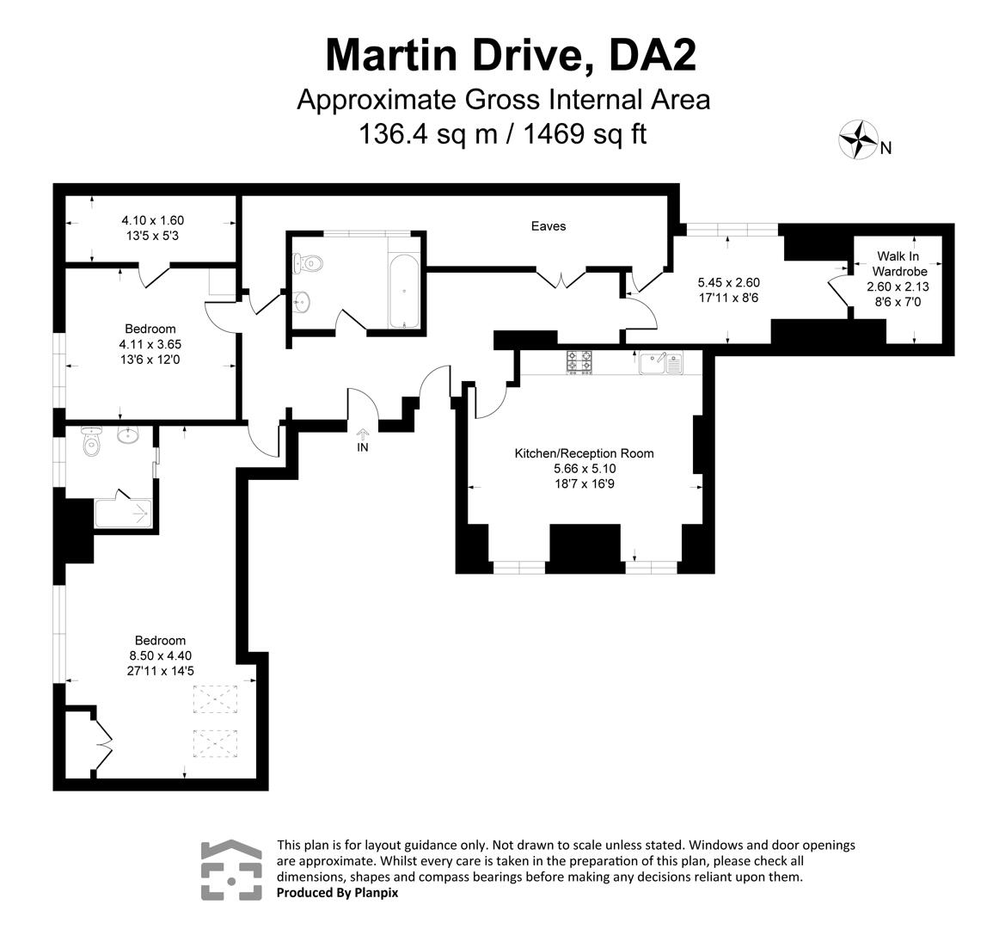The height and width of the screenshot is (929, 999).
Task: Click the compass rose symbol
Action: [x=857, y=139]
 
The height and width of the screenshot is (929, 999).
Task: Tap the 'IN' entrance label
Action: [x=363, y=447]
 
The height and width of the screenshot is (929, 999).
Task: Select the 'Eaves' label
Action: [x=548, y=226]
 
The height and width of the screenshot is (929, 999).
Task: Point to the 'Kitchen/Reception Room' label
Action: [x=584, y=453]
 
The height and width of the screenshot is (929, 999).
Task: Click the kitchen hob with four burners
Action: [x=579, y=361]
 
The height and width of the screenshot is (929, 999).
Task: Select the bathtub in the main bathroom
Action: [x=404, y=291]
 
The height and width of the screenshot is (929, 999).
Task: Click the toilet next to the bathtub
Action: [x=308, y=262]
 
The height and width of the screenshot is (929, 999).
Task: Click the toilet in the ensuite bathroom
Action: [x=90, y=443]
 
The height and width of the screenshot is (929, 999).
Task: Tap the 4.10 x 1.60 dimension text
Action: [x=152, y=220]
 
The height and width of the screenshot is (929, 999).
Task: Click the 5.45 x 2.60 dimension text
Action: [x=728, y=282]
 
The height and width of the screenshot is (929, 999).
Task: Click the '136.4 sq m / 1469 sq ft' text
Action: [x=503, y=134]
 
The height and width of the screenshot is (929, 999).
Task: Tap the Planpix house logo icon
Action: [x=231, y=870]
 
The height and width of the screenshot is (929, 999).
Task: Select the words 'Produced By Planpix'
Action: [x=337, y=893]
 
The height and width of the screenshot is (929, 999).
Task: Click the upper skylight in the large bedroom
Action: [x=216, y=698]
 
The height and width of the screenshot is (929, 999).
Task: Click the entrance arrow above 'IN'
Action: [x=363, y=433]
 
